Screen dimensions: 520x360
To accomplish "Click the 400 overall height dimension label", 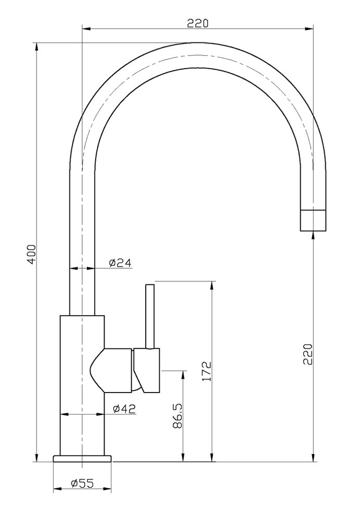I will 32,254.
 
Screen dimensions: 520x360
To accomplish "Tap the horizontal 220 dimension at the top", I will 198,23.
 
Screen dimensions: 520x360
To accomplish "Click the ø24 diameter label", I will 120,263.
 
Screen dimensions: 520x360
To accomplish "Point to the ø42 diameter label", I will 123,409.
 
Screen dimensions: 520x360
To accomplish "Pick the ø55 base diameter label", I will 82,484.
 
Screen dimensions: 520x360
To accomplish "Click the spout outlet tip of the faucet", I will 313,219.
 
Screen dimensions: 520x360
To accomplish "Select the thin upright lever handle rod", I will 151,315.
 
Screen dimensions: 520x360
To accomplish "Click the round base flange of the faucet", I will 82,458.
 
